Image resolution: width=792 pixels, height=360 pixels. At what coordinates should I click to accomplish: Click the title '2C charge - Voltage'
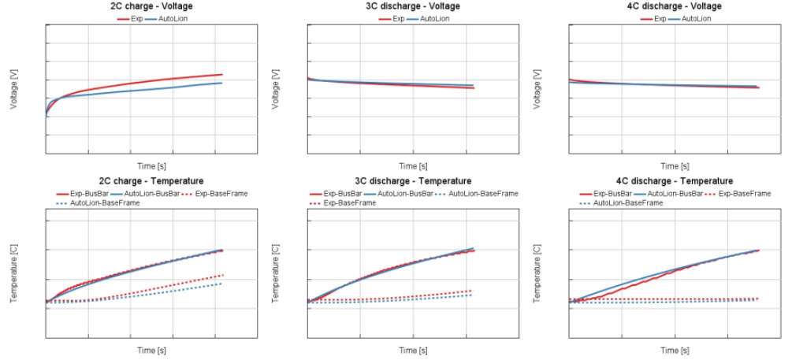point(151,6)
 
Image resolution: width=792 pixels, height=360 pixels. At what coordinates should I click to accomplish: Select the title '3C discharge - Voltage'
point(413,6)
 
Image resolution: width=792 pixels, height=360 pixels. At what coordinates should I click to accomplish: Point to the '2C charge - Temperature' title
point(151,181)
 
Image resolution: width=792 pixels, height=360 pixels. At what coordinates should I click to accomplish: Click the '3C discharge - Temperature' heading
point(413,181)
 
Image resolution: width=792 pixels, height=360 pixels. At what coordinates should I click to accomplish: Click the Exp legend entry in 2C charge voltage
point(134,18)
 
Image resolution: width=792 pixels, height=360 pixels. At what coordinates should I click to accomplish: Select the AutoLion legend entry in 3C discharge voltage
point(434,18)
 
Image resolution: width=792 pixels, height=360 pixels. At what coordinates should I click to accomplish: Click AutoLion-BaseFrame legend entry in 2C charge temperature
point(102,203)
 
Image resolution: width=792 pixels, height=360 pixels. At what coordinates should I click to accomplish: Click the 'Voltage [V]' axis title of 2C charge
point(14,88)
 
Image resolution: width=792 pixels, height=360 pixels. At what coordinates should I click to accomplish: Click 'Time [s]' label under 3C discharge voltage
point(413,166)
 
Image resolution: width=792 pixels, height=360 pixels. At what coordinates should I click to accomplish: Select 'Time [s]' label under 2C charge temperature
point(151,350)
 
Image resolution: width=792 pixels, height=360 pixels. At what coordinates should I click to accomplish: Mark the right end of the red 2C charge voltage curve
point(222,75)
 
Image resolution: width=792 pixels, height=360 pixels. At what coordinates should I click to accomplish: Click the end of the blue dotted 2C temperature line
point(222,284)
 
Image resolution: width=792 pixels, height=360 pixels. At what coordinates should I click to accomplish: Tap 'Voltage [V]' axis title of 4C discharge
point(537,88)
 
